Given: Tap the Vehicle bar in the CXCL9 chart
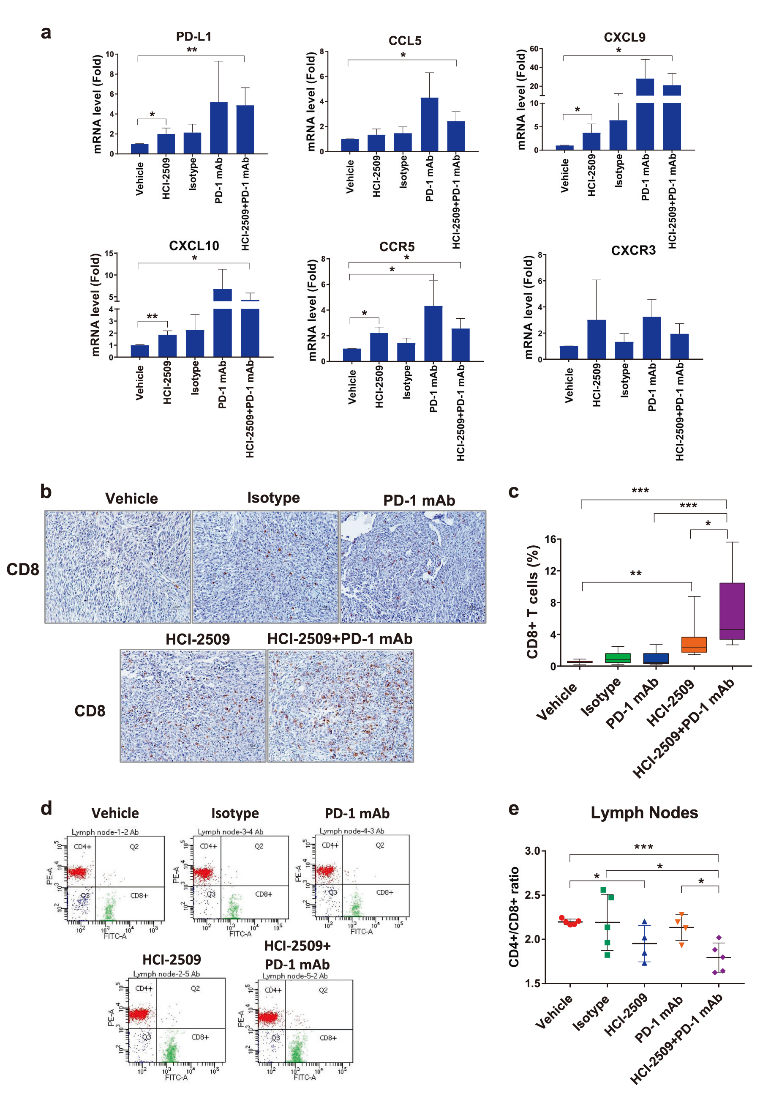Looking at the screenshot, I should [x=564, y=148].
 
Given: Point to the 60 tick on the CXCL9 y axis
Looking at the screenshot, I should [x=534, y=49].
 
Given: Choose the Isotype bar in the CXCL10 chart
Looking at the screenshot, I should [x=195, y=343].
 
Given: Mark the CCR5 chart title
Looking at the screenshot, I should [x=397, y=246].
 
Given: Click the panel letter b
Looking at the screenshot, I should [x=46, y=492].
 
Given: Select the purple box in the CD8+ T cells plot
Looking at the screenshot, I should [x=732, y=611].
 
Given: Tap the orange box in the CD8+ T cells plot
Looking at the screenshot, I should [x=694, y=644].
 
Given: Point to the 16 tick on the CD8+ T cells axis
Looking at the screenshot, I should [x=550, y=539].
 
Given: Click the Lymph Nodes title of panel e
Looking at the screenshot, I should [x=644, y=813].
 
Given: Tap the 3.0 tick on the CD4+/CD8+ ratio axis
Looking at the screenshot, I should [x=532, y=850].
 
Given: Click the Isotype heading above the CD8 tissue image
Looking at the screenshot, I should [x=273, y=498].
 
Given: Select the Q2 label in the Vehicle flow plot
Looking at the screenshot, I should [x=134, y=846].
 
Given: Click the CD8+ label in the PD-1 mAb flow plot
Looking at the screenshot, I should [x=384, y=892].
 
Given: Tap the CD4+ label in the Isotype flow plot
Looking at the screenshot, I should [x=208, y=846].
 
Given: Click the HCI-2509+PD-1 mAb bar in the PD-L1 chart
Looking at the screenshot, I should [x=245, y=129].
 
